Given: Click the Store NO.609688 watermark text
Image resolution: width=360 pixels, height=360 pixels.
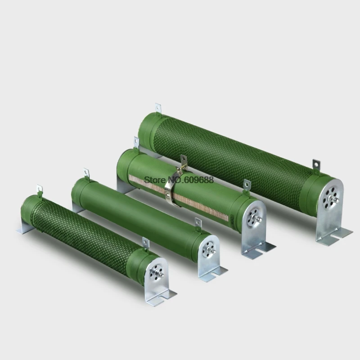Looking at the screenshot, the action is [179, 180].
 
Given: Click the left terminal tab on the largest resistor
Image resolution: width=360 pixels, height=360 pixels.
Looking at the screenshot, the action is [158, 108].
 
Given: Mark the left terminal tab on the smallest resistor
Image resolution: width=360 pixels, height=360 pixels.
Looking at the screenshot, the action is [40, 189].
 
